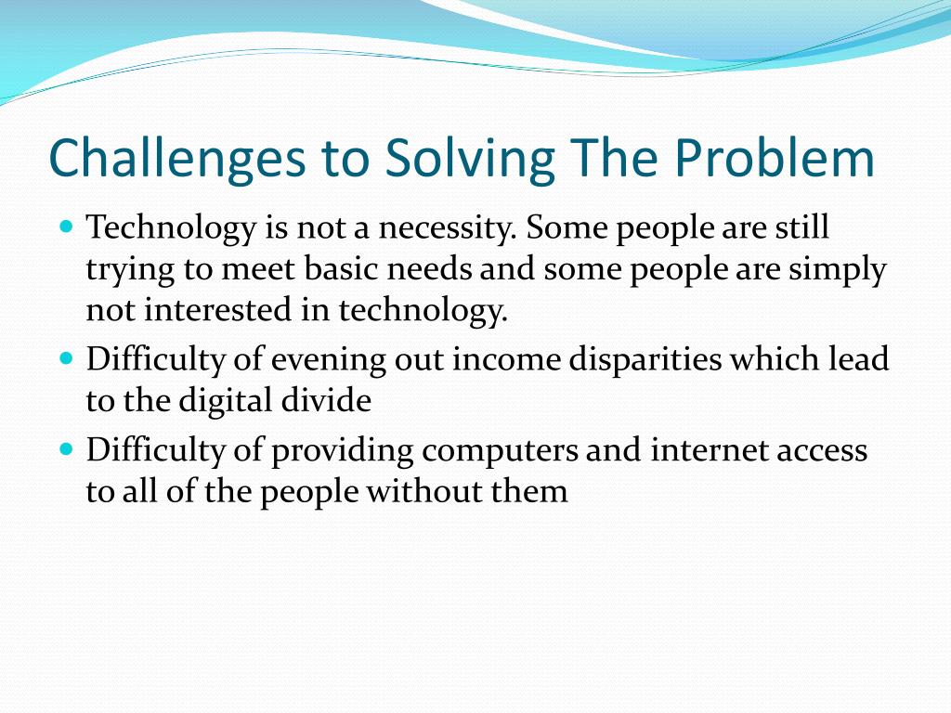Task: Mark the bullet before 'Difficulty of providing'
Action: pos(67,449)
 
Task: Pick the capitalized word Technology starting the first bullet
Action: pos(171,229)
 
